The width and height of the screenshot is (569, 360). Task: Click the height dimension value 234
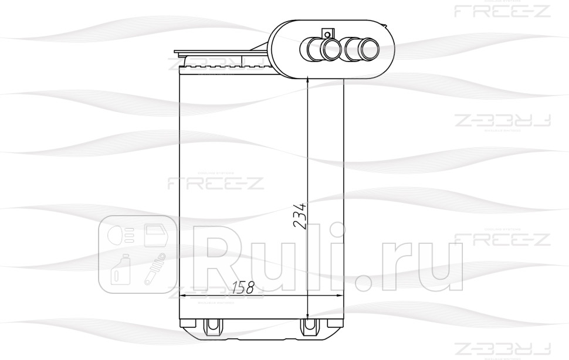[x=299, y=219]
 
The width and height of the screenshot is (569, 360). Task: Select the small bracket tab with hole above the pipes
[x=327, y=33]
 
